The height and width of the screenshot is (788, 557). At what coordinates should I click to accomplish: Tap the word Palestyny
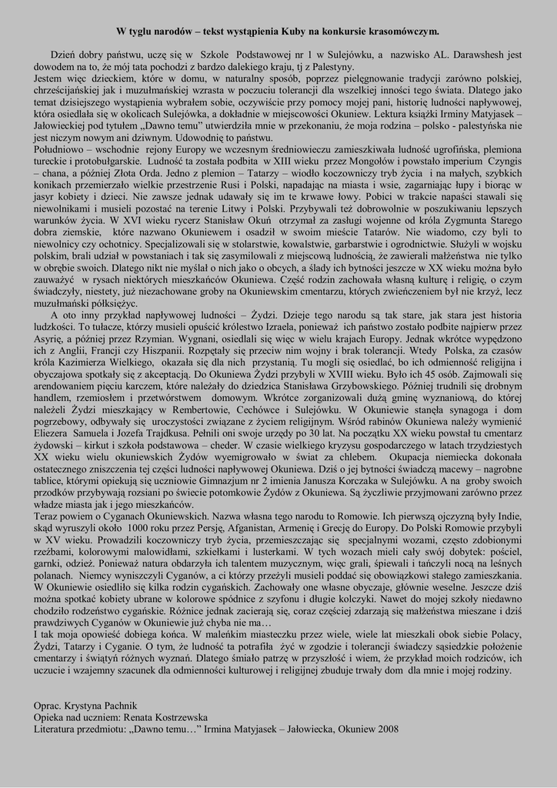310,67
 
